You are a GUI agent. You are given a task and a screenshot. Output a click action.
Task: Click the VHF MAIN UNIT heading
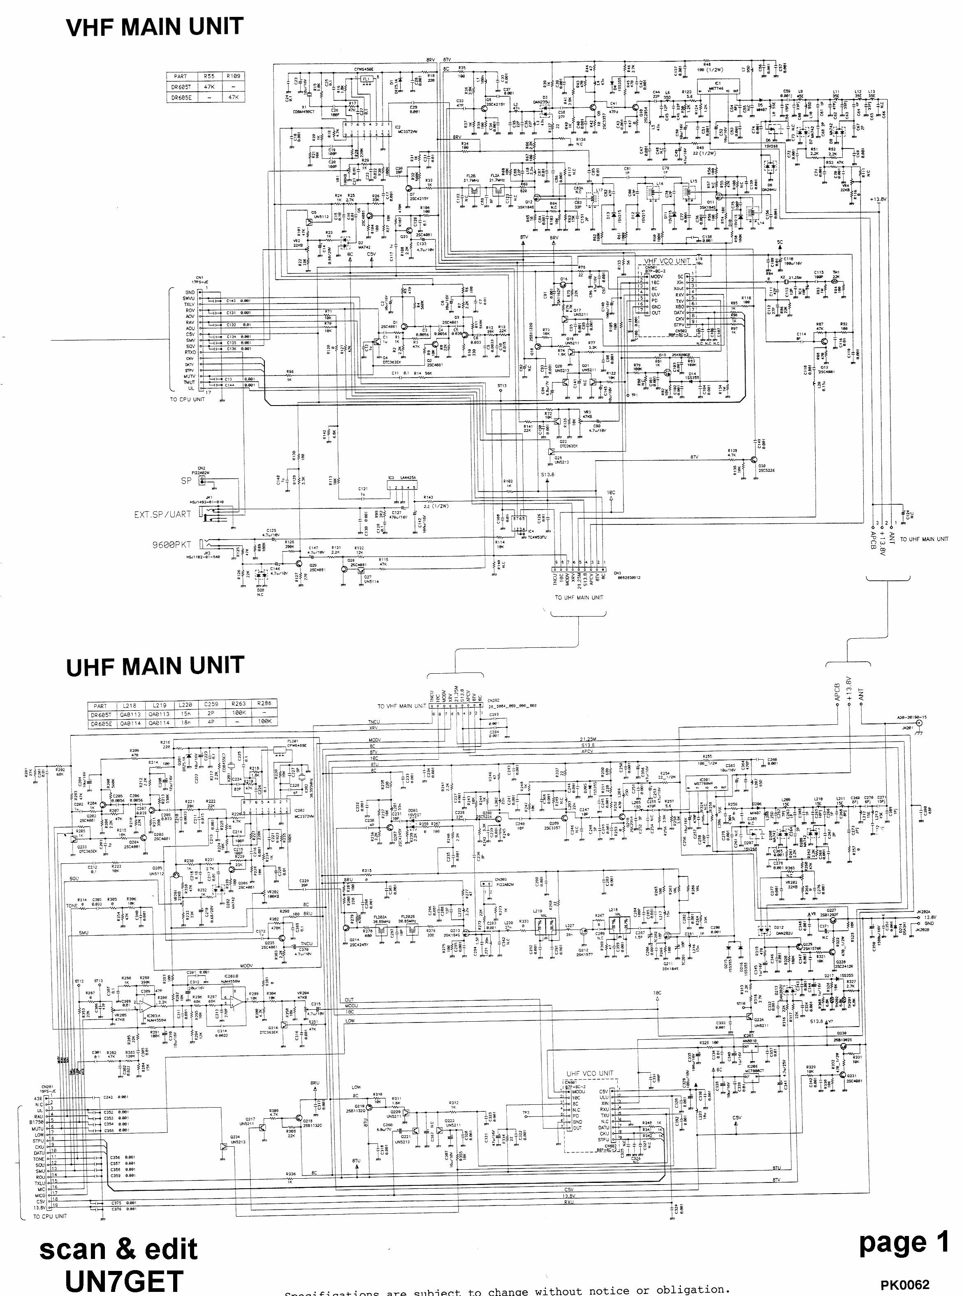(154, 27)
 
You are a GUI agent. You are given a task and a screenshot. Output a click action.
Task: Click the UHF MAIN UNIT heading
(155, 666)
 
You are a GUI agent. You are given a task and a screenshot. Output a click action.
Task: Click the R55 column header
(209, 76)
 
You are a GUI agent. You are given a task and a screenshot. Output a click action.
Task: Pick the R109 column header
(233, 76)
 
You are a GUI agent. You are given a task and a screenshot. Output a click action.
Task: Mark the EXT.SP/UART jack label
(162, 515)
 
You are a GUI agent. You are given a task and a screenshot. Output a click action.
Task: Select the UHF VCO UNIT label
(590, 1073)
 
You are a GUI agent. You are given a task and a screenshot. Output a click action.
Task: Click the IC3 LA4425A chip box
(402, 488)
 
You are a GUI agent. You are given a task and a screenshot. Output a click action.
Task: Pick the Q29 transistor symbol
(298, 563)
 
